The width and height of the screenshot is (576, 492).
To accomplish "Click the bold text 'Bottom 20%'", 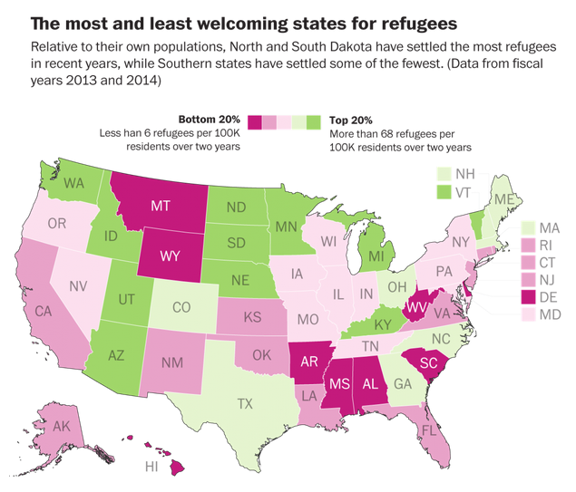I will click(x=211, y=120).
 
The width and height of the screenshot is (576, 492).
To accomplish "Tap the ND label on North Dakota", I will click(x=237, y=207).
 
